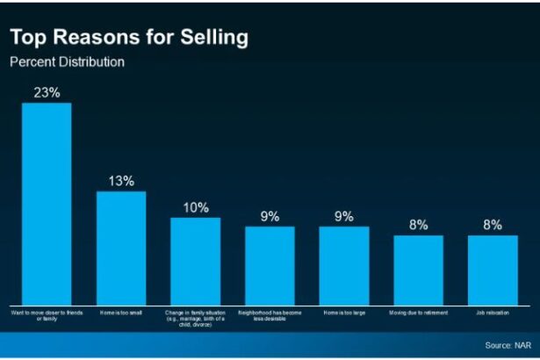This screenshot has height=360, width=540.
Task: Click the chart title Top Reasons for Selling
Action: (x=128, y=38)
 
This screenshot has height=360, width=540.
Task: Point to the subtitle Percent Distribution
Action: (x=67, y=62)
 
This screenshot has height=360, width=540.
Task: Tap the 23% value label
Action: (x=47, y=92)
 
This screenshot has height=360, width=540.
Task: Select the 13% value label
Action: (x=121, y=181)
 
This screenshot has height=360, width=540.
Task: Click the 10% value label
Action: (x=196, y=208)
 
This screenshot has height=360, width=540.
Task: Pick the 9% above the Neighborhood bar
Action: (x=270, y=216)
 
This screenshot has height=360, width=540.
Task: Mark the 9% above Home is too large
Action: (x=343, y=216)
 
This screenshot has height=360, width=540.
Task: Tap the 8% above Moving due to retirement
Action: (x=418, y=225)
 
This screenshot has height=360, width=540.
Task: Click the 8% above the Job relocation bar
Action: (x=492, y=225)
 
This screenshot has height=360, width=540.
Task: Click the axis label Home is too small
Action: (x=120, y=313)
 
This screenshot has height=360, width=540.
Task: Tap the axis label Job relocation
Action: (x=492, y=313)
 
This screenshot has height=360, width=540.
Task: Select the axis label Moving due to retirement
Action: (x=418, y=313)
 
